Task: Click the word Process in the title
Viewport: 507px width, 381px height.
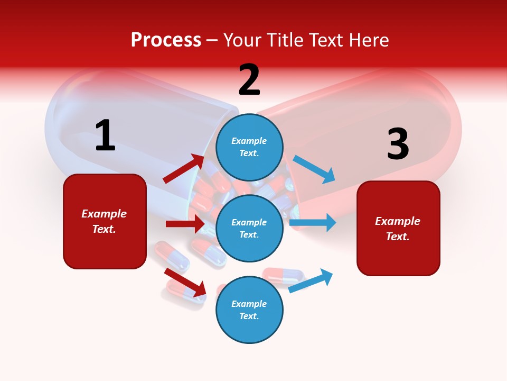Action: [166, 40]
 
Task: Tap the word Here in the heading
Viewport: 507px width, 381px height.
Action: [368, 40]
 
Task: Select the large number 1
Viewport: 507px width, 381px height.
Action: [105, 135]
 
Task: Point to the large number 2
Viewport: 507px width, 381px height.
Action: [249, 80]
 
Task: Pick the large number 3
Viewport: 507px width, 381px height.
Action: [398, 144]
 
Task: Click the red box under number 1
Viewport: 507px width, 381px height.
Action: [105, 221]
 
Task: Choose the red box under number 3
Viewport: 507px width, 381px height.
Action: [398, 228]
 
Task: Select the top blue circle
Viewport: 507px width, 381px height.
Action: [249, 147]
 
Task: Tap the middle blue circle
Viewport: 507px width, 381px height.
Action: [249, 228]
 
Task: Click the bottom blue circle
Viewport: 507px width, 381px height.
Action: [249, 310]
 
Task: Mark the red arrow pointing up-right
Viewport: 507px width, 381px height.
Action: [184, 169]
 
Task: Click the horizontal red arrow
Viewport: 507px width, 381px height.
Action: [185, 224]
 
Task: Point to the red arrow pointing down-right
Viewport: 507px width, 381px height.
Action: [185, 282]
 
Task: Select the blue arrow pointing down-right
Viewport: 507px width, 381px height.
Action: [314, 169]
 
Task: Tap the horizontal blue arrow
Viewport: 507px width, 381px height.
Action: [313, 223]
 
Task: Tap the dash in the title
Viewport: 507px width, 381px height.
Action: [212, 41]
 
